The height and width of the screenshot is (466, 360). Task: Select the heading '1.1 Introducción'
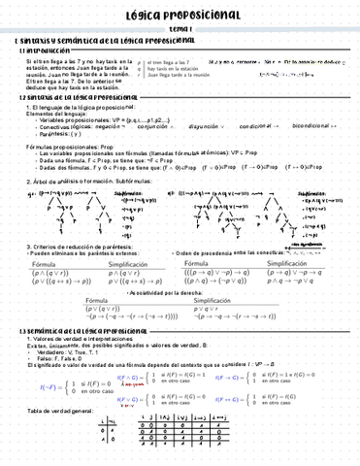[x=39, y=50]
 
